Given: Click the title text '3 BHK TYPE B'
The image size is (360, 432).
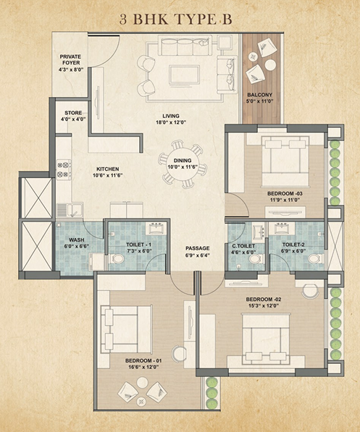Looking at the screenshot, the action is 175,20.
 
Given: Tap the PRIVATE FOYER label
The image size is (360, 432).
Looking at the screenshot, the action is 70,59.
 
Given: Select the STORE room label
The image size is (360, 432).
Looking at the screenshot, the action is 73,113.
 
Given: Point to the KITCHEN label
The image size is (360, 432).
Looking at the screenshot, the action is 108,169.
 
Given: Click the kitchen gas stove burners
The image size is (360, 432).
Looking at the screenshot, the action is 63,169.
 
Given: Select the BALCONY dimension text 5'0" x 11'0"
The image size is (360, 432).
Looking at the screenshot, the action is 259,101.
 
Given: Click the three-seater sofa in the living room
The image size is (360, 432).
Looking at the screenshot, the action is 185,46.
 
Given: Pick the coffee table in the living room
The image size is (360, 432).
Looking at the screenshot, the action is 184,74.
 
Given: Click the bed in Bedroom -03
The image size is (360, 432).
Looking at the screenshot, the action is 285,161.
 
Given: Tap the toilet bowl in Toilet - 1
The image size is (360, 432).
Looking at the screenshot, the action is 117,259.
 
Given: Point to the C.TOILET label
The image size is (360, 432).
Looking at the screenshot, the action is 243,246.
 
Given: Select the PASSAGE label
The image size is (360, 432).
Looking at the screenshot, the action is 197,248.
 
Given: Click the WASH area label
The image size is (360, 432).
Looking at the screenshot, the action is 76,240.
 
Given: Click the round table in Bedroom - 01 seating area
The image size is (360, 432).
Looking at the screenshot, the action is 143,382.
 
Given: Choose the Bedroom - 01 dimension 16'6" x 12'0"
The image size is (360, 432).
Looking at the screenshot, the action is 143,367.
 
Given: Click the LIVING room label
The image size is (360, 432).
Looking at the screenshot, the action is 171,116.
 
